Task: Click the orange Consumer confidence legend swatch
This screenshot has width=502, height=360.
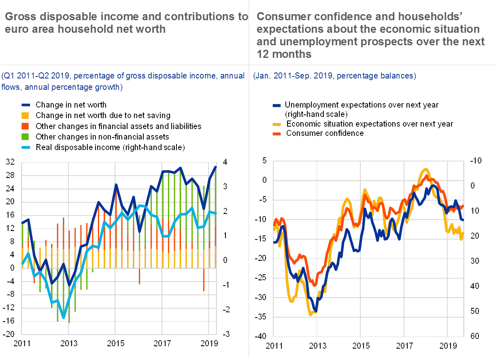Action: pyautogui.click(x=277, y=133)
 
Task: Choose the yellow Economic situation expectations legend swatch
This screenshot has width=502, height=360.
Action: pyautogui.click(x=277, y=124)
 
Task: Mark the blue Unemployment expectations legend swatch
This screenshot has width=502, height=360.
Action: pyautogui.click(x=277, y=106)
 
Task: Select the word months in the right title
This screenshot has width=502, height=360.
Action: pyautogui.click(x=292, y=54)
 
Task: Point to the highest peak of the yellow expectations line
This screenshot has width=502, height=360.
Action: pyautogui.click(x=425, y=169)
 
